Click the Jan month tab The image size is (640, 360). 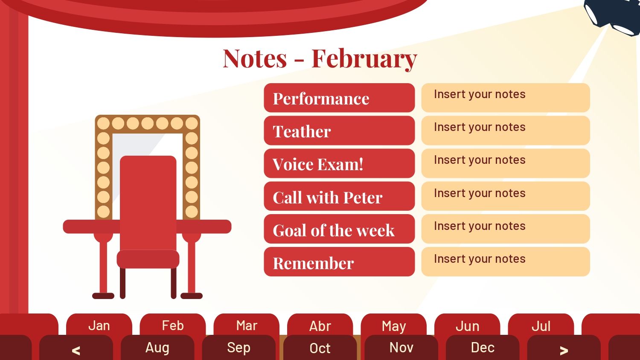(x=99, y=325)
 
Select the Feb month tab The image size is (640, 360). (x=172, y=325)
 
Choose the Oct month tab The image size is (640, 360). (x=320, y=348)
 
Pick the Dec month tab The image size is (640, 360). (x=483, y=348)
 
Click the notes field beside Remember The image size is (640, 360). (x=506, y=262)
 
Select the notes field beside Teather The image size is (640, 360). (x=506, y=130)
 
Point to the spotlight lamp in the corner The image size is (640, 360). (x=614, y=16)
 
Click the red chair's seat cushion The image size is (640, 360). (x=148, y=259)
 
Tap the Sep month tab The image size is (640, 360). (x=239, y=348)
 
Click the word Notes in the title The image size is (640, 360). (x=255, y=58)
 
